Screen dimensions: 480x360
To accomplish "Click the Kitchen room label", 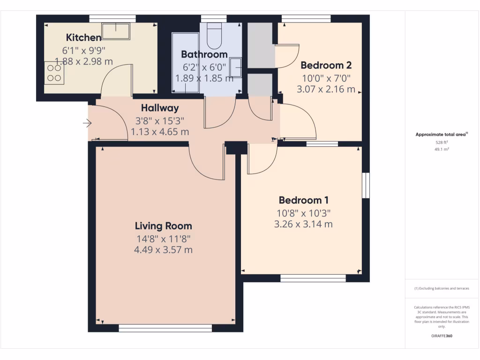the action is click(x=83, y=37).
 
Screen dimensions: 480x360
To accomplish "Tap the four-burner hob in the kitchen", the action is click(x=54, y=73).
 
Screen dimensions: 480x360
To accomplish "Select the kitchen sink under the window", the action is click(x=116, y=31).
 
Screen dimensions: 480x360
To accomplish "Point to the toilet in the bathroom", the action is click(x=214, y=36).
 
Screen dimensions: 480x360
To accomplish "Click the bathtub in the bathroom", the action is click(x=186, y=63).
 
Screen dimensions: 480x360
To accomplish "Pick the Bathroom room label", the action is click(x=204, y=54).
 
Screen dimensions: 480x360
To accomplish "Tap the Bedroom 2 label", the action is click(x=326, y=65).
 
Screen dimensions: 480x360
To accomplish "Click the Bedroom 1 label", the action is click(x=303, y=200).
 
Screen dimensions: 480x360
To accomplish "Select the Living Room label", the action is click(x=164, y=226).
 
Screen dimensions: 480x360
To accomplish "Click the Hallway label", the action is click(x=160, y=108).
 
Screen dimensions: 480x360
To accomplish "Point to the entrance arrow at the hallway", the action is click(x=87, y=123).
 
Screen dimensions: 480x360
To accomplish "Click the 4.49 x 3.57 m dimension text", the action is click(x=164, y=250).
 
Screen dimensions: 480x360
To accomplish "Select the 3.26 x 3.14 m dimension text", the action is click(x=303, y=224).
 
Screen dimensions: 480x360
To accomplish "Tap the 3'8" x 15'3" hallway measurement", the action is click(x=160, y=121).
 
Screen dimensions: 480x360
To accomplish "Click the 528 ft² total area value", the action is click(x=442, y=142).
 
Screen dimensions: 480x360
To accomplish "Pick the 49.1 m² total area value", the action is click(x=442, y=150).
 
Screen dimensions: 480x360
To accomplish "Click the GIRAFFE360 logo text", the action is click(x=442, y=336).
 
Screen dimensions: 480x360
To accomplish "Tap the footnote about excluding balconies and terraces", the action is click(x=442, y=288).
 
